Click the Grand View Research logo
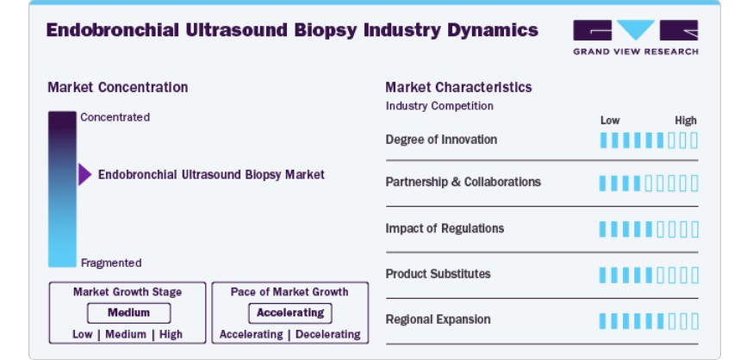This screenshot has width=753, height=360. coord(635,37)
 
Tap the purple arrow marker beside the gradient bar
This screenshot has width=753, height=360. coord(85,174)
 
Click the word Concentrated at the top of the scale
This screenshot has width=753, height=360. coord(115,117)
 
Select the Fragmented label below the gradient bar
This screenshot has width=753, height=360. coord(111,263)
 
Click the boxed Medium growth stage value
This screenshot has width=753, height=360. coord(128,313)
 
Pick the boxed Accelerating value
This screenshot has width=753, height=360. coord(290,313)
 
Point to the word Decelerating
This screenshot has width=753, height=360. coord(328,334)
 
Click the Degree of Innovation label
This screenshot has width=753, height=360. coord(441,140)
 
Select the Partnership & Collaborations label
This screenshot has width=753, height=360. coord(463,182)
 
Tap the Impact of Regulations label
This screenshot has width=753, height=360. coord(445,228)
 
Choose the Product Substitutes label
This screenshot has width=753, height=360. coord(438,274)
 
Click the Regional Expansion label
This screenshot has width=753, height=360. coord(438,320)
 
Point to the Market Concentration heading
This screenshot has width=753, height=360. coord(118,87)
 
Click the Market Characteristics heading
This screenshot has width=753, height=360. coord(458,87)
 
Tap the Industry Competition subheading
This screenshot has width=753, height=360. coord(439,106)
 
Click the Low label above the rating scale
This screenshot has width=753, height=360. coord(610,121)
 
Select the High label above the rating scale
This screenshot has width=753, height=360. coord(686,121)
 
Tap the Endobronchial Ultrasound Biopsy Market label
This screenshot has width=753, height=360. coord(211,175)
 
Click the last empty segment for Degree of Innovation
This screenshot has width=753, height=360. coord(694,140)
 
